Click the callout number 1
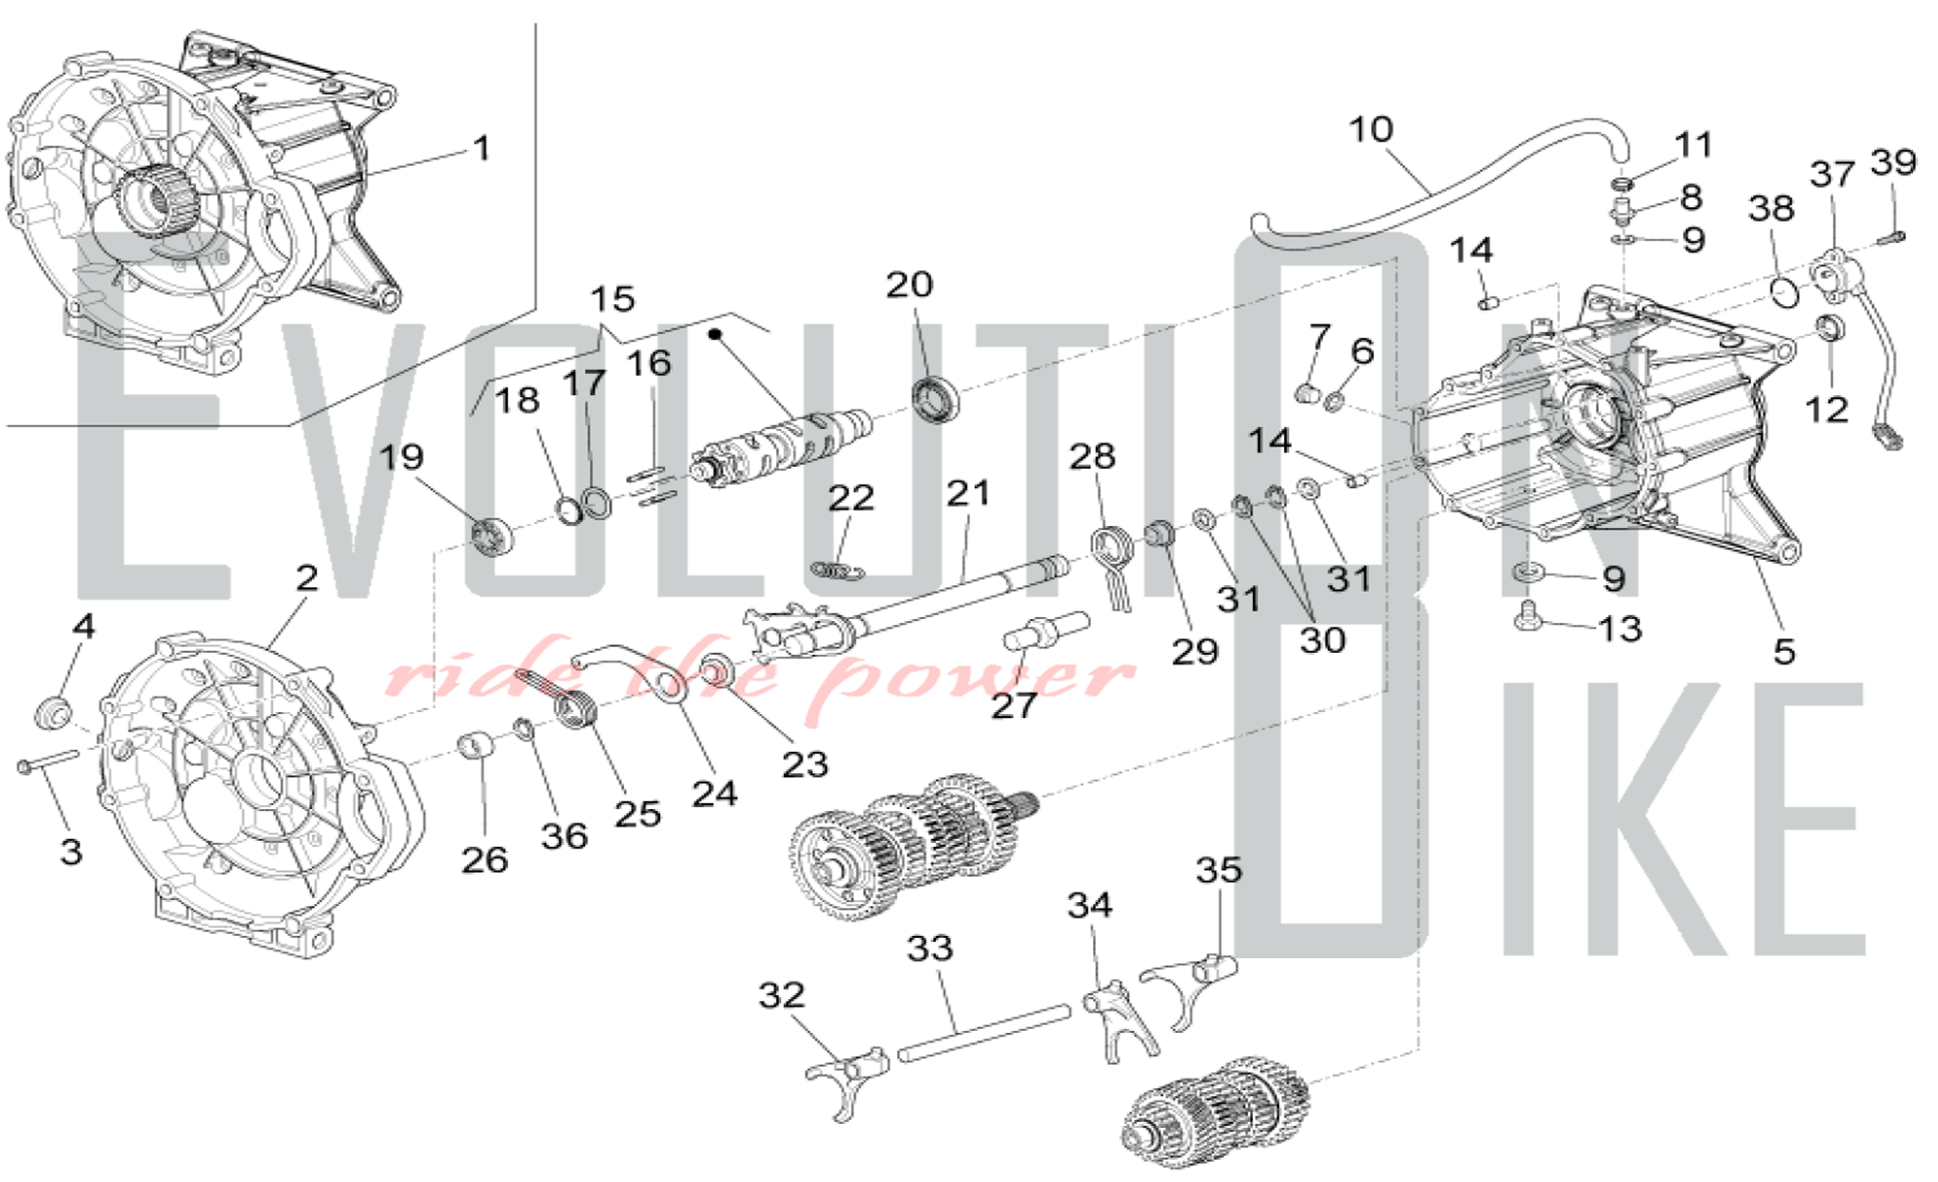pyautogui.click(x=482, y=148)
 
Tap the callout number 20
pyautogui.click(x=909, y=285)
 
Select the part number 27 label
pyautogui.click(x=1014, y=705)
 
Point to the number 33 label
pyautogui.click(x=929, y=948)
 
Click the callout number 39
pyautogui.click(x=1893, y=162)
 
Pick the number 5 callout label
pyautogui.click(x=1784, y=651)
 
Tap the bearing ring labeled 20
pyautogui.click(x=935, y=399)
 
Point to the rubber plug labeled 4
pyautogui.click(x=53, y=715)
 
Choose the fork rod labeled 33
pyautogui.click(x=984, y=1033)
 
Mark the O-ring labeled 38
pyautogui.click(x=1783, y=290)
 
